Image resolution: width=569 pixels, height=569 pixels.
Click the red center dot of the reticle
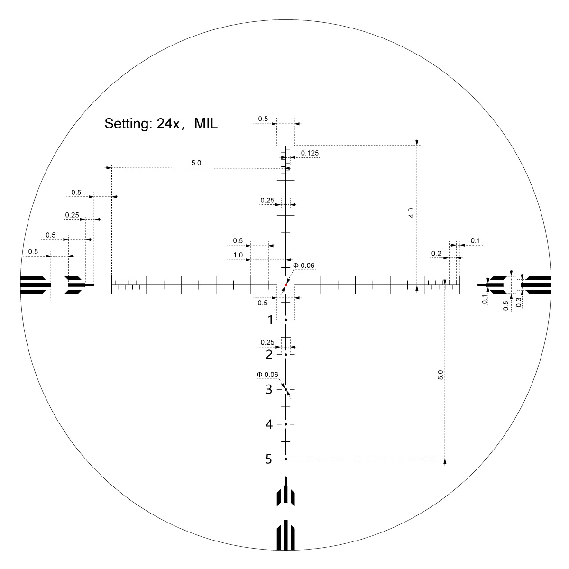coord(285,285)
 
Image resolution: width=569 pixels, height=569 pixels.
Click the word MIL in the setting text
coord(206,123)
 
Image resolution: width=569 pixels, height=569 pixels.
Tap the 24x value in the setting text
coord(168,123)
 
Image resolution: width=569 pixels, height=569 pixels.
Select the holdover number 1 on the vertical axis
coord(270,320)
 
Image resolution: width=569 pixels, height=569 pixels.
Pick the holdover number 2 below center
coord(269,355)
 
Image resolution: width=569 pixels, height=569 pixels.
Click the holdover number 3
coord(269,389)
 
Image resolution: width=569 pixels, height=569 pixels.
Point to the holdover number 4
coord(269,424)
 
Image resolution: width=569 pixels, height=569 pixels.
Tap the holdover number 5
coord(269,459)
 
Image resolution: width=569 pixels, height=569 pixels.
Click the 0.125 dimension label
coord(310,153)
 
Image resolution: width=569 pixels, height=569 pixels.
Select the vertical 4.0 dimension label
coord(411,212)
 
